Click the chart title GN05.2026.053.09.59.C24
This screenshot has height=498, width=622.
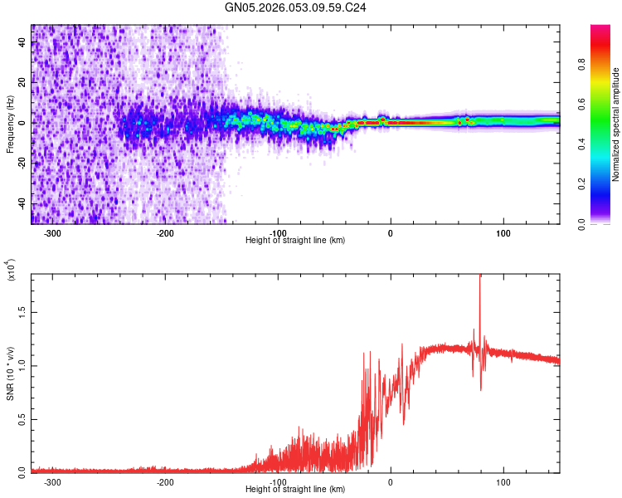click(x=295, y=7)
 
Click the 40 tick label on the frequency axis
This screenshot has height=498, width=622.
click(x=22, y=42)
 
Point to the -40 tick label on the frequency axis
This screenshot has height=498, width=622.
click(x=22, y=204)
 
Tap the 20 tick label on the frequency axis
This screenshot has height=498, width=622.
click(x=22, y=83)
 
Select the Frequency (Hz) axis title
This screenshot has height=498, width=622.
click(x=11, y=124)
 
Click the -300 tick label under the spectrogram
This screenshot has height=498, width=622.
click(x=51, y=233)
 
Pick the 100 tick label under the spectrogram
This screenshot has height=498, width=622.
click(x=503, y=233)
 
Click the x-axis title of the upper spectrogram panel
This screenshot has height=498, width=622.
click(x=295, y=241)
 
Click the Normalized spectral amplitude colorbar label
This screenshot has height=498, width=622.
click(x=616, y=124)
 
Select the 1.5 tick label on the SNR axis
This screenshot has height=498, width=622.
click(x=22, y=310)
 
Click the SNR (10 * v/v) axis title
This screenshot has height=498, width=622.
click(x=11, y=373)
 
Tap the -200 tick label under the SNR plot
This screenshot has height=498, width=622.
click(x=164, y=482)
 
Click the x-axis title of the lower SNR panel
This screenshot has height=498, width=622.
click(x=295, y=490)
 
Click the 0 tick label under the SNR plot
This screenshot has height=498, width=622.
click(x=391, y=482)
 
